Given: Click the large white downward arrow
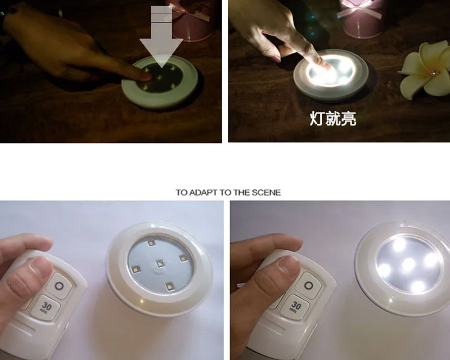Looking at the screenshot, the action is pyautogui.click(x=161, y=37).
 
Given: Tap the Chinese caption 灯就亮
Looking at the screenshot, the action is pyautogui.click(x=333, y=119).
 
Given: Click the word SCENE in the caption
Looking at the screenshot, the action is pyautogui.click(x=266, y=192).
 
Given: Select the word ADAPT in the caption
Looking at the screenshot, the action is pyautogui.click(x=203, y=192).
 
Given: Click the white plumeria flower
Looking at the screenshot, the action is pyautogui.click(x=426, y=70).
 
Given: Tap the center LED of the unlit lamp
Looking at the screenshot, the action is pyautogui.click(x=160, y=263).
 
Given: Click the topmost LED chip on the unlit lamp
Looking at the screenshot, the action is pyautogui.click(x=151, y=243).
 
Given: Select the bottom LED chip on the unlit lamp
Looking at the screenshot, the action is pyautogui.click(x=170, y=286).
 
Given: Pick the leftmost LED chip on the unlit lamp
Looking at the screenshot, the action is pyautogui.click(x=134, y=269).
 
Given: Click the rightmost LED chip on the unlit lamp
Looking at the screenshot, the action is pyautogui.click(x=183, y=258).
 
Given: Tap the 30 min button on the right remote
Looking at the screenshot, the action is pyautogui.click(x=295, y=307).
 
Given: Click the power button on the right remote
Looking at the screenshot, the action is pyautogui.click(x=308, y=286).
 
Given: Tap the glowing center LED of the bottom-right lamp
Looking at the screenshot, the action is pyautogui.click(x=408, y=264).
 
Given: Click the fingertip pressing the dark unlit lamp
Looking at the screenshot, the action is pyautogui.click(x=146, y=76).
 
